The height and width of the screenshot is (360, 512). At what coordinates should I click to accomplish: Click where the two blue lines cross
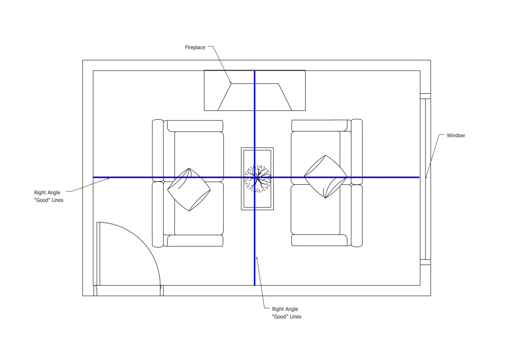(255, 177)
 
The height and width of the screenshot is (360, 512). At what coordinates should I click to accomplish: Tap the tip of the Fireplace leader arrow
(231, 83)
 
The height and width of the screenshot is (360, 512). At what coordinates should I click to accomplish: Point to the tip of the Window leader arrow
(426, 179)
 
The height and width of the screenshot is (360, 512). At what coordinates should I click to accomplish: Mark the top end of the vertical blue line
(255, 71)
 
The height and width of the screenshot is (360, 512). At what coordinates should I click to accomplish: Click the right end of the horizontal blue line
(419, 177)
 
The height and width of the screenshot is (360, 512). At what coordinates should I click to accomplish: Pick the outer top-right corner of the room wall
(431, 60)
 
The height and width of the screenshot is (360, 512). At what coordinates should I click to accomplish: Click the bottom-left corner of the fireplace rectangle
(204, 111)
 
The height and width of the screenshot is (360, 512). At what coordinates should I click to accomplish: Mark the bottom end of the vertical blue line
(255, 285)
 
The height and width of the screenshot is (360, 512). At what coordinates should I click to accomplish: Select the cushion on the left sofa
(189, 190)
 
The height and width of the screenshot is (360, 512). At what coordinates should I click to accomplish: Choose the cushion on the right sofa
(325, 177)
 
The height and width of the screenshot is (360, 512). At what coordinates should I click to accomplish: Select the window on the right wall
(425, 179)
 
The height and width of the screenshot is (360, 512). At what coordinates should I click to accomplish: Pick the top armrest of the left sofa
(195, 126)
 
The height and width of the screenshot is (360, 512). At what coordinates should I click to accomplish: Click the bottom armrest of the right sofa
(320, 240)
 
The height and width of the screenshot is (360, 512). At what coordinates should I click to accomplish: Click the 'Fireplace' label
(195, 48)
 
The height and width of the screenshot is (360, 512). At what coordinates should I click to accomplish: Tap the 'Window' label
(456, 135)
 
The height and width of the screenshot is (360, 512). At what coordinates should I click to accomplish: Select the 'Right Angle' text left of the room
(47, 193)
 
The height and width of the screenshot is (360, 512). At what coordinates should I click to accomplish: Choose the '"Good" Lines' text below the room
(287, 317)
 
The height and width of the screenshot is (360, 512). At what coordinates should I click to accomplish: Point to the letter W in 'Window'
(449, 135)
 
